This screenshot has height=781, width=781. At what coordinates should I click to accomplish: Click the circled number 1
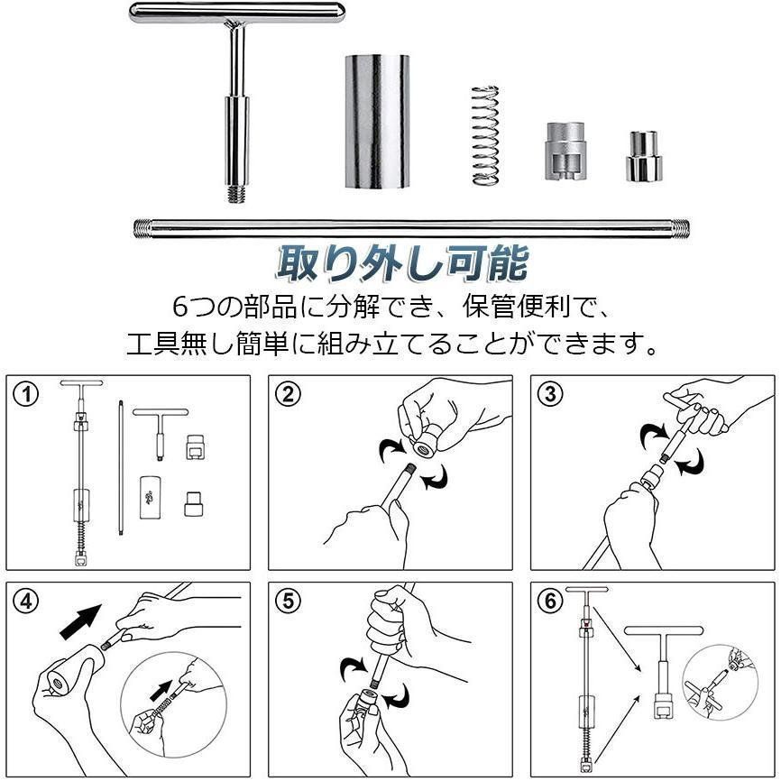tap(26, 395)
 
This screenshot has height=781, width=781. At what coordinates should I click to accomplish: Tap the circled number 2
tap(289, 395)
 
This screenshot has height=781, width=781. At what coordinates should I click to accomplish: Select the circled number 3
tap(550, 395)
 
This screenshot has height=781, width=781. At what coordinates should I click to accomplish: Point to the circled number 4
tap(26, 602)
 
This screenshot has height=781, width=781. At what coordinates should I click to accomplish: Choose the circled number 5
tap(289, 602)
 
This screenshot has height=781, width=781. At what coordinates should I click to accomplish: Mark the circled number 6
tap(550, 602)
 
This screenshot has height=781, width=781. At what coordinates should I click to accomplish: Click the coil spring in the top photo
tap(485, 135)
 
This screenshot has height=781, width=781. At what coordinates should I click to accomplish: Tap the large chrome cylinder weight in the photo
tap(377, 122)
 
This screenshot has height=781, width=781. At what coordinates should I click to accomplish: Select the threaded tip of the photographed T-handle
tap(237, 194)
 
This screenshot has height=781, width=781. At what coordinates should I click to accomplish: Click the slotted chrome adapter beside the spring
tap(565, 151)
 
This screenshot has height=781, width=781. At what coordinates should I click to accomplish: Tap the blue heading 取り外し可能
tap(402, 262)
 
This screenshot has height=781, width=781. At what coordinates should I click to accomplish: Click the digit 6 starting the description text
tap(180, 307)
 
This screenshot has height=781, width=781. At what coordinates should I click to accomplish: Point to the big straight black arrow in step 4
tap(80, 621)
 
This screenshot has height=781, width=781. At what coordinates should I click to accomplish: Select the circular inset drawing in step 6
tap(721, 683)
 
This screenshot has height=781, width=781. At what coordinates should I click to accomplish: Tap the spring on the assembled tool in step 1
tap(81, 537)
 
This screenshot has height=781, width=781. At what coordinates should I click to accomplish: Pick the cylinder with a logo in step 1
tap(150, 498)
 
